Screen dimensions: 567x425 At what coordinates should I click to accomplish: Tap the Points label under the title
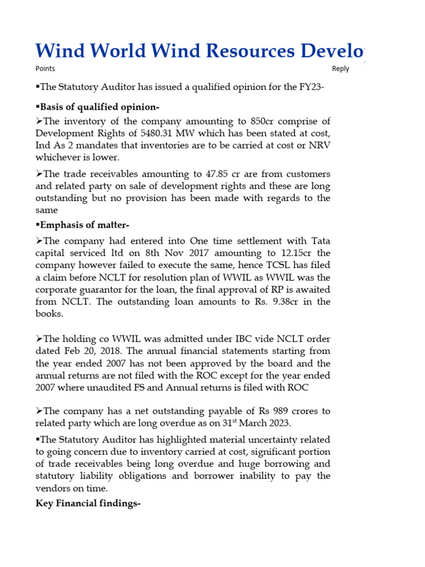pos(45,69)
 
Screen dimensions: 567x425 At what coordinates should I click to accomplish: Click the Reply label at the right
pos(340,69)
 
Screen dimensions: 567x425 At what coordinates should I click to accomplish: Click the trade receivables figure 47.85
pos(208,174)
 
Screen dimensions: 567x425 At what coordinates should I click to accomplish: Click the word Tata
pos(320,241)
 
